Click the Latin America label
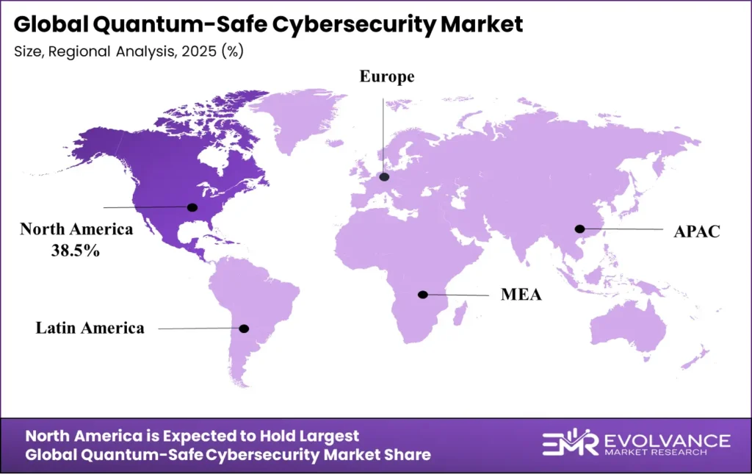[x=90, y=328]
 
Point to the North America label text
[x=76, y=229]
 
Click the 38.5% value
[x=76, y=250]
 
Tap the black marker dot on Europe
[x=383, y=177]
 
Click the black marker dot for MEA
[x=422, y=295]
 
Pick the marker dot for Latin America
[x=245, y=328]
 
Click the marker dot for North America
[x=193, y=207]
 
